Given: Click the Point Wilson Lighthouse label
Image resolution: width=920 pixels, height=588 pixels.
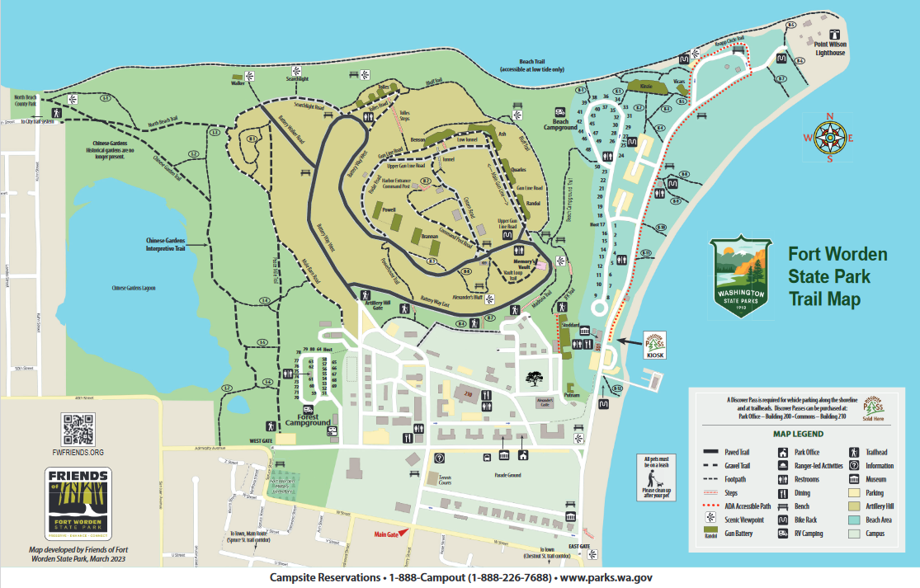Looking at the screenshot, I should tap(830, 48).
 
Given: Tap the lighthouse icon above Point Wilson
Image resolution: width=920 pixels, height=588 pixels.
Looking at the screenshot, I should tap(835, 35).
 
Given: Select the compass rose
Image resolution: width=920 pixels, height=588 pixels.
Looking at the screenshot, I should tap(829, 138).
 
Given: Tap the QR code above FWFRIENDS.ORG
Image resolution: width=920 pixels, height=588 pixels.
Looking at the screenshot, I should tap(78, 428).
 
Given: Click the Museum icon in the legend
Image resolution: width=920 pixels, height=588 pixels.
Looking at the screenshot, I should tap(855, 479).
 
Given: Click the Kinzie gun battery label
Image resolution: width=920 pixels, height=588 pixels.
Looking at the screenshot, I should tap(647, 85).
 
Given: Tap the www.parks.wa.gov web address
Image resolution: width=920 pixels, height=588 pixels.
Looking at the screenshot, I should tap(606, 578).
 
